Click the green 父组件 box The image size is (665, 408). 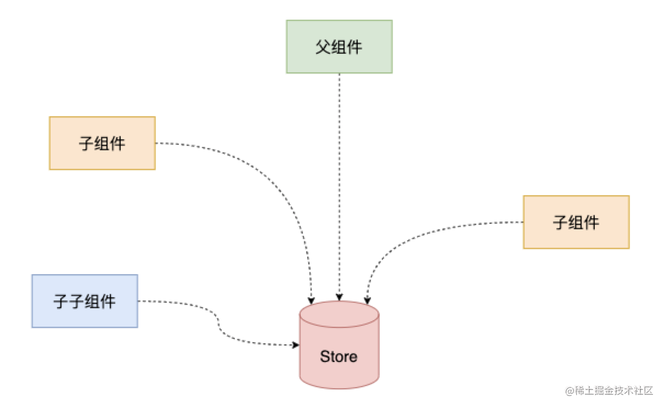pyautogui.click(x=339, y=47)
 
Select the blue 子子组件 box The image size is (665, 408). pyautogui.click(x=84, y=301)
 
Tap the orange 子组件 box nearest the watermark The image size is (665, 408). pyautogui.click(x=576, y=222)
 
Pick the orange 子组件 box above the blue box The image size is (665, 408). pyautogui.click(x=102, y=143)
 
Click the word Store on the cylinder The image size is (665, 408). pyautogui.click(x=339, y=357)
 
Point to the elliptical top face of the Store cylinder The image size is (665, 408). pyautogui.click(x=339, y=314)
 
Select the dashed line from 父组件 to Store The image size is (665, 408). pyautogui.click(x=339, y=186)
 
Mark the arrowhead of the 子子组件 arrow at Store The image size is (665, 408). pyautogui.click(x=296, y=345)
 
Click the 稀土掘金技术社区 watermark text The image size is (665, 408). pyautogui.click(x=613, y=391)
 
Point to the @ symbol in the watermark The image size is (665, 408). pyautogui.click(x=569, y=391)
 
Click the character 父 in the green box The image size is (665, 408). pyautogui.click(x=323, y=47)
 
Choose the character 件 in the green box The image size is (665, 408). pyautogui.click(x=355, y=47)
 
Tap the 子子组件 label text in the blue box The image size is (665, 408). pyautogui.click(x=84, y=301)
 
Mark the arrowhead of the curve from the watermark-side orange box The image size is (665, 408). pyautogui.click(x=367, y=300)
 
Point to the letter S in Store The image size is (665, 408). pyautogui.click(x=324, y=357)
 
